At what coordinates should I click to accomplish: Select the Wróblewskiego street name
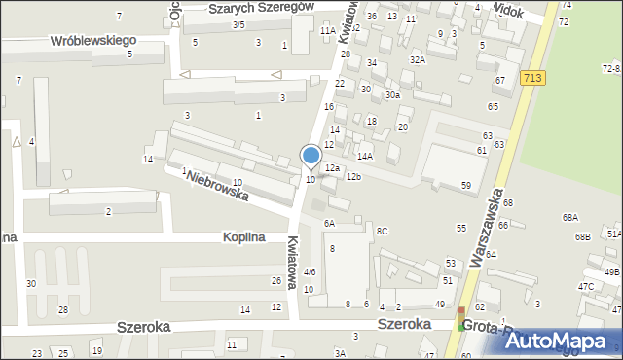[x=93, y=42]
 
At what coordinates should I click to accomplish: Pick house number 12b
[x=353, y=176]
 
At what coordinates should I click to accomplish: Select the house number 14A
[x=365, y=156]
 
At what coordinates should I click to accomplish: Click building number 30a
[x=391, y=94]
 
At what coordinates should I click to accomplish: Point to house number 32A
[x=418, y=59]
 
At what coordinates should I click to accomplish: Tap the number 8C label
[x=383, y=231]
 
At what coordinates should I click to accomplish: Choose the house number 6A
[x=330, y=223]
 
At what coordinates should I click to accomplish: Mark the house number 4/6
[x=310, y=271]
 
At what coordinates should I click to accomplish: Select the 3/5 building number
[x=238, y=24]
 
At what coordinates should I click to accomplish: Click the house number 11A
[x=327, y=30]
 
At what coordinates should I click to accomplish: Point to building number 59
[x=466, y=185]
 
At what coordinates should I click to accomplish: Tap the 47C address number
[x=586, y=286]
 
